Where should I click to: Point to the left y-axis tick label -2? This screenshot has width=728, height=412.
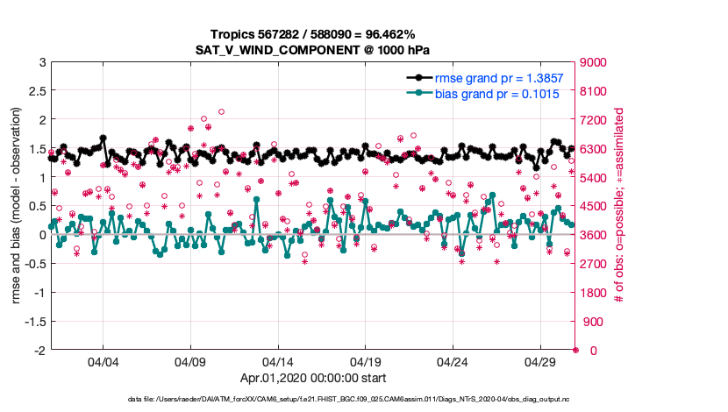tap(39, 351)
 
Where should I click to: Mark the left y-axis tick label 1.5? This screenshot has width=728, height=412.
tap(35, 149)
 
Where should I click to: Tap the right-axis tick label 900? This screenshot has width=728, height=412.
tap(590, 322)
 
